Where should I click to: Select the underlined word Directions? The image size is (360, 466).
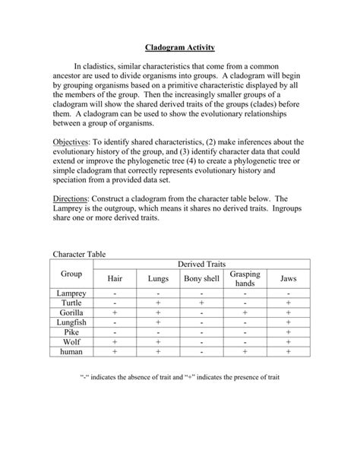pyautogui.click(x=74, y=196)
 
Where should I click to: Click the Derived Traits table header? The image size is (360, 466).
pyautogui.click(x=201, y=263)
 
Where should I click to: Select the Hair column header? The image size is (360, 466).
pyautogui.click(x=115, y=278)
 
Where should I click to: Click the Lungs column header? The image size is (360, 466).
pyautogui.click(x=158, y=278)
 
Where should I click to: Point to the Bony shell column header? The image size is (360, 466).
pyautogui.click(x=201, y=278)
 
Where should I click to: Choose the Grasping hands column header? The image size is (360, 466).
pyautogui.click(x=245, y=278)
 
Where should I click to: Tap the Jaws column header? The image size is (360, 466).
pyautogui.click(x=289, y=278)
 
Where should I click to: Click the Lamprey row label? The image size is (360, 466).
pyautogui.click(x=71, y=292)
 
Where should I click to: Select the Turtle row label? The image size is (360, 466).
pyautogui.click(x=71, y=302)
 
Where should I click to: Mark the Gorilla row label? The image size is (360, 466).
pyautogui.click(x=71, y=312)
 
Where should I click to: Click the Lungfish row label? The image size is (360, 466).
pyautogui.click(x=71, y=322)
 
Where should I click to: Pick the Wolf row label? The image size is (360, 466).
pyautogui.click(x=71, y=341)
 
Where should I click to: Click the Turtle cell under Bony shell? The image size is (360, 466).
pyautogui.click(x=201, y=302)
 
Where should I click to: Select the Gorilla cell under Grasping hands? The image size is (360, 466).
pyautogui.click(x=245, y=312)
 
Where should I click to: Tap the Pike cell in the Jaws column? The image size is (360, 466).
pyautogui.click(x=289, y=331)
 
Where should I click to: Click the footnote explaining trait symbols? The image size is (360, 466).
pyautogui.click(x=180, y=378)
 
